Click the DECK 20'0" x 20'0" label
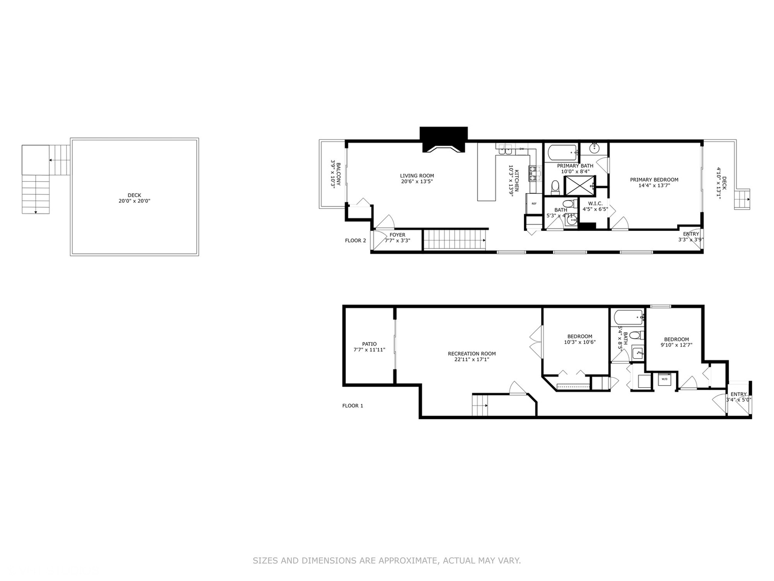click(x=134, y=199)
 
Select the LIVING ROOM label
click(x=417, y=179)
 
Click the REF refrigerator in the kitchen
click(x=534, y=203)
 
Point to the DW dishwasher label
click(x=521, y=148)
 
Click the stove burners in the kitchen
click(x=533, y=173)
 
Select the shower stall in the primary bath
click(x=579, y=185)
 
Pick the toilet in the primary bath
click(x=555, y=187)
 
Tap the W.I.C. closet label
click(x=595, y=206)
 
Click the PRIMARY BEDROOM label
click(x=654, y=182)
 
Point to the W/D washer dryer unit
click(x=664, y=379)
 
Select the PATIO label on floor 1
click(x=369, y=347)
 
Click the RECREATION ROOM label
click(x=471, y=357)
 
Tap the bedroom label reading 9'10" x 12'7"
click(x=676, y=342)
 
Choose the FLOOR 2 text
click(x=355, y=240)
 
